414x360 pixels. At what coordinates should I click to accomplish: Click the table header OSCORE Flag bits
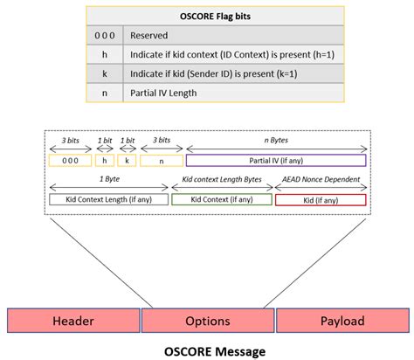point(206,15)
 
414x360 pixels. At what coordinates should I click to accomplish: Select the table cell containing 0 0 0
point(104,35)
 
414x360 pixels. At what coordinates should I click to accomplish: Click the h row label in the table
point(104,54)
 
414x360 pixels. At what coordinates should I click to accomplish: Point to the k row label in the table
point(104,73)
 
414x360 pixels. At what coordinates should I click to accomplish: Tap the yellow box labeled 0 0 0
point(70,161)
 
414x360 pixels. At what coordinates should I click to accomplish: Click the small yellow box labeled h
point(106,161)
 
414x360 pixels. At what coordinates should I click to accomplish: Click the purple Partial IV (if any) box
point(276,161)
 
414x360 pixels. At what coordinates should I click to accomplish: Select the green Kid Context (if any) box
point(221,200)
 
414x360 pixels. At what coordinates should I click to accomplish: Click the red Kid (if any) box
point(320,200)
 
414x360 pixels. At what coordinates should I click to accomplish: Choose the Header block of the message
point(73,321)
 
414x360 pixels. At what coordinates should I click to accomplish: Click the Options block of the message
point(207,321)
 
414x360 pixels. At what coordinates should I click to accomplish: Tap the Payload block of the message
point(341,321)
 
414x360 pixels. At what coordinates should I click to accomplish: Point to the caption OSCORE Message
point(207,349)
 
